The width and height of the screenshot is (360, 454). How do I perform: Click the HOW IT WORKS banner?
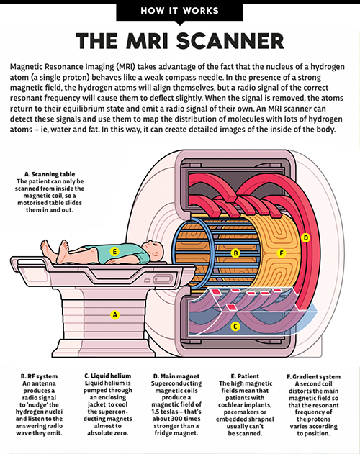(179, 12)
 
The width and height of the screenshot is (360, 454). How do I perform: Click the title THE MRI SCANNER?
(179, 40)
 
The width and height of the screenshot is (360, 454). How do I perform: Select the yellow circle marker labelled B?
(235, 253)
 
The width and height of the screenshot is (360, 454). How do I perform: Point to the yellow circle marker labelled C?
(235, 326)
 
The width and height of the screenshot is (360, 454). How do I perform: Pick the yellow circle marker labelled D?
(305, 237)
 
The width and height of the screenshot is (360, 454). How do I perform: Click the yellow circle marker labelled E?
(114, 252)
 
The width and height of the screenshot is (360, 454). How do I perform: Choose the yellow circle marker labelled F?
(282, 253)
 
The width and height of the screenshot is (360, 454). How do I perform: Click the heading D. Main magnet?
(178, 375)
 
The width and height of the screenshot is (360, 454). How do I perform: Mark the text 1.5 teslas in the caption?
(171, 420)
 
